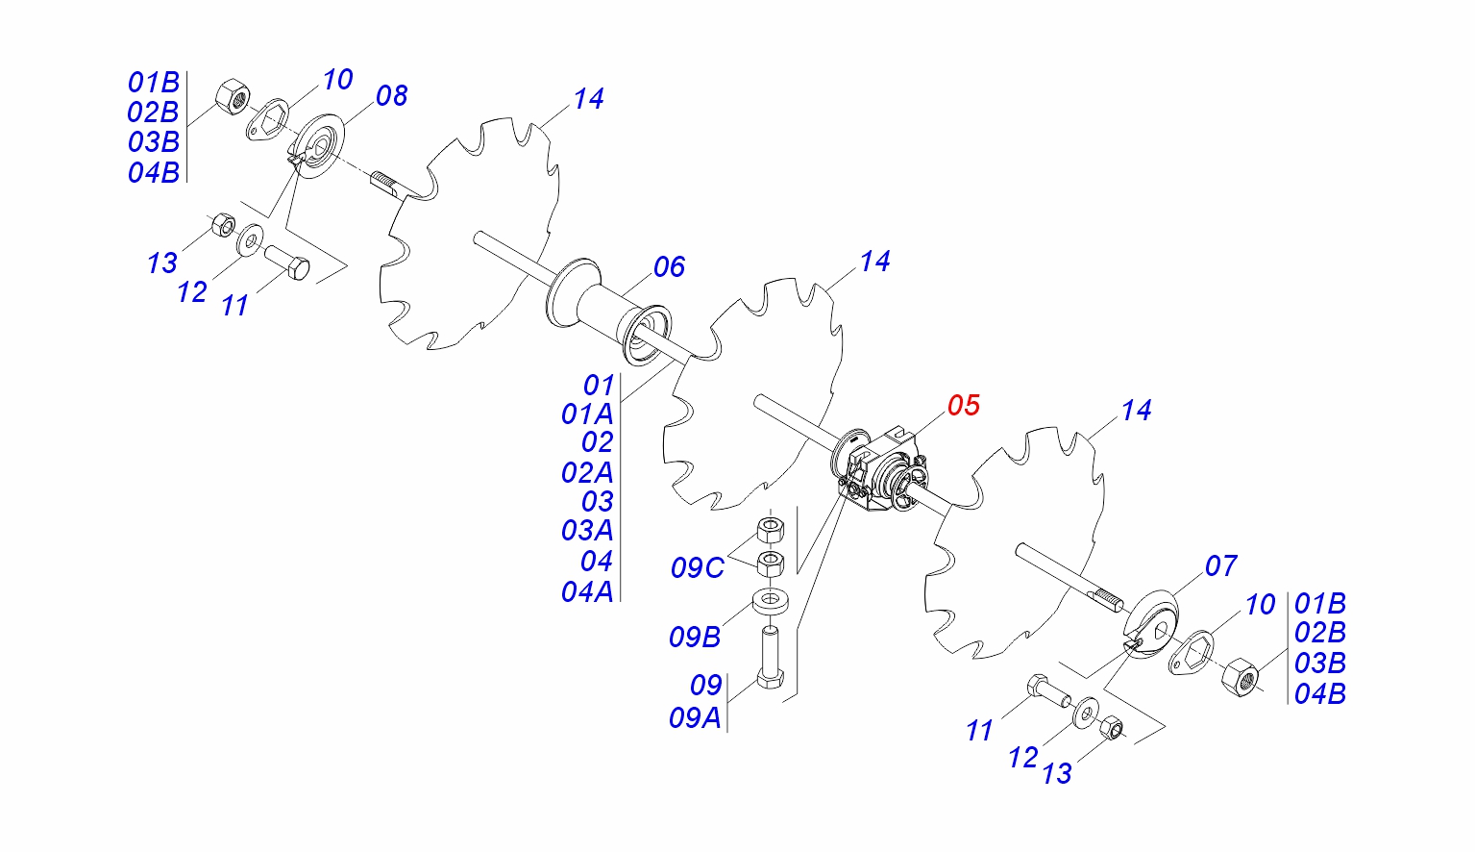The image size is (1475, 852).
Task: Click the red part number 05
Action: tap(964, 405)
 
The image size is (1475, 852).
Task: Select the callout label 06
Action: tap(669, 267)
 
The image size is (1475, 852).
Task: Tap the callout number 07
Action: tap(1220, 566)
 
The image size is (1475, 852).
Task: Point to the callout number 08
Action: tap(391, 96)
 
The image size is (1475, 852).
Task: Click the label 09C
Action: tap(698, 568)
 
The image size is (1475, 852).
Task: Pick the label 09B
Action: tap(695, 638)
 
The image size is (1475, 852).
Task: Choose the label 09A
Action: tap(695, 718)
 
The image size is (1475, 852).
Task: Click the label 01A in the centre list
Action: tap(587, 414)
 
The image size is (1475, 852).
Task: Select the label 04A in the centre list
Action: tap(587, 592)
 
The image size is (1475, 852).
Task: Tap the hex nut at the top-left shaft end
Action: tap(232, 97)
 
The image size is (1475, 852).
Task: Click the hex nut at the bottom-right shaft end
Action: tap(1240, 677)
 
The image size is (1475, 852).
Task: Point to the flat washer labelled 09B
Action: tap(772, 602)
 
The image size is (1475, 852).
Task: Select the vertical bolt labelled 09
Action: tap(771, 658)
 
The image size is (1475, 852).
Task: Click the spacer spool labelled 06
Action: tap(609, 312)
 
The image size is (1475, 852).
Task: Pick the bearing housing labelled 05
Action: tap(880, 470)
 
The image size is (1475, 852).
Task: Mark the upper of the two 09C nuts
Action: tap(771, 530)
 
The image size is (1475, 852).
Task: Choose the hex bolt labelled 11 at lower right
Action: tap(1048, 690)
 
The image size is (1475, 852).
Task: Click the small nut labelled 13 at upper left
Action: tap(224, 225)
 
